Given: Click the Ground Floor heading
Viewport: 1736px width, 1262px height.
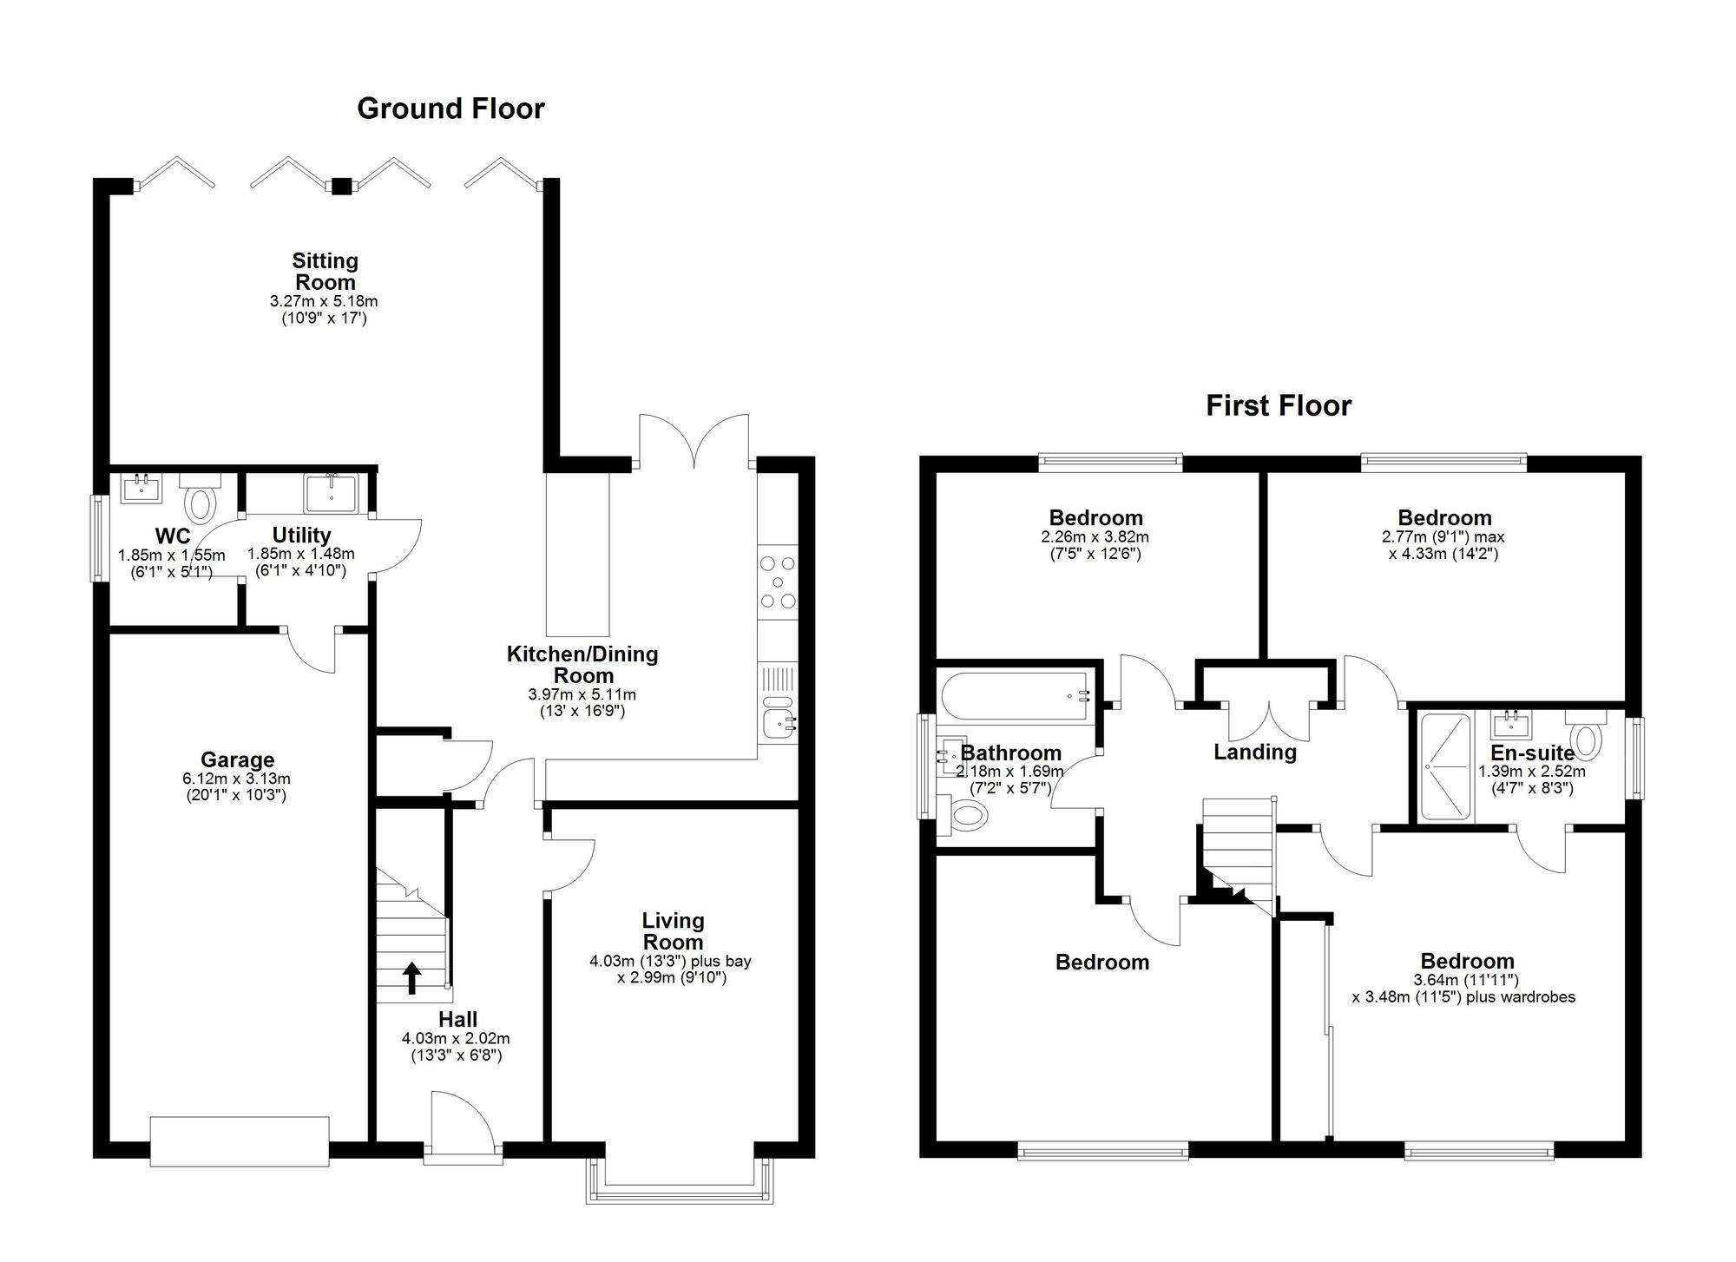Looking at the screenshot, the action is pos(450,108).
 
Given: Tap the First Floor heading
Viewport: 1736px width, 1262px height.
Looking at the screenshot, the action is pos(1279,405).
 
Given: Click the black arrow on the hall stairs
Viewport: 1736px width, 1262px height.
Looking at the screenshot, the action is pos(412,977).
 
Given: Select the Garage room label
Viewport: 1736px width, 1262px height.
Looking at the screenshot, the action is pos(237,760).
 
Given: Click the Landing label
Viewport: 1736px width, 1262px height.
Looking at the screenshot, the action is pos(1254,752).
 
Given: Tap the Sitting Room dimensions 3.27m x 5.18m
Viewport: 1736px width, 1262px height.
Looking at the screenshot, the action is pos(324,302).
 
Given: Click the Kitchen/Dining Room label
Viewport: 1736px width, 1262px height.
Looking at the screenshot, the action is pos(582,664).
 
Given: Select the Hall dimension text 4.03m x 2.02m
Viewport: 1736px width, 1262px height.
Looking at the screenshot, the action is pos(456,1038).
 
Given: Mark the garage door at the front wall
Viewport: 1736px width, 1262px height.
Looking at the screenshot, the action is pos(240,1142).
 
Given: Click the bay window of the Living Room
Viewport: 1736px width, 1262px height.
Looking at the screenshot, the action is pos(680,1180).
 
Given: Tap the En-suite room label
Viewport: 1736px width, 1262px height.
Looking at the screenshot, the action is pos(1532,753).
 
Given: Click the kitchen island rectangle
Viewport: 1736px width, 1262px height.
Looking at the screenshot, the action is pos(578,554).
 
